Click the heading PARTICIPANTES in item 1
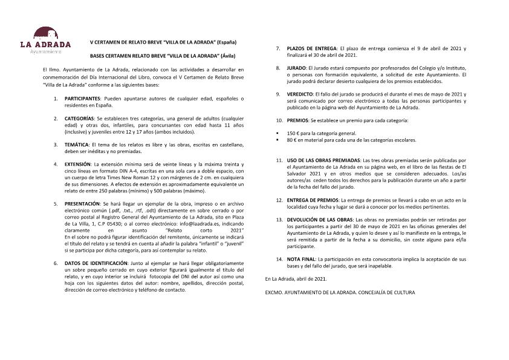[x=83, y=98]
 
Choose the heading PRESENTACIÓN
[x=82, y=205]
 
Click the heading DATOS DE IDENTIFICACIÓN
[x=96, y=264]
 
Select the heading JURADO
[x=296, y=68]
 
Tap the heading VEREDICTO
[x=300, y=94]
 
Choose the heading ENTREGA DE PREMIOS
[x=313, y=200]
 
